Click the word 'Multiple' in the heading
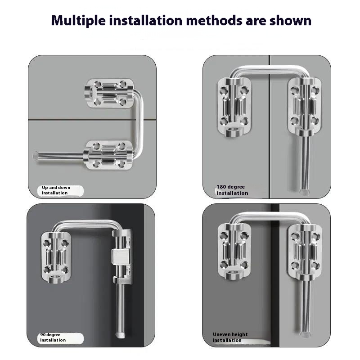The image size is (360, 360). [78, 21]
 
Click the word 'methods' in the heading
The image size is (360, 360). [214, 20]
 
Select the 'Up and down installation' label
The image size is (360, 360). [56, 190]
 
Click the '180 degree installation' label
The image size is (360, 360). [232, 190]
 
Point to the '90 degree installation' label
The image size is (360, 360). [53, 337]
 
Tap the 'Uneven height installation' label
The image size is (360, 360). [230, 337]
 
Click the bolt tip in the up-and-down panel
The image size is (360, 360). [36, 155]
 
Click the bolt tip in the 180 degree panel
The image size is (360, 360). [304, 193]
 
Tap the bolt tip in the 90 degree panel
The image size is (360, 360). [120, 334]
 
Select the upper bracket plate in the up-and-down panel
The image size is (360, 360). [109, 94]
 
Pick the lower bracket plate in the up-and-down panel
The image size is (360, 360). [108, 155]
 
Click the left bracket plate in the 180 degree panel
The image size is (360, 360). [234, 107]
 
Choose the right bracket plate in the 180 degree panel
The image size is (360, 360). [305, 107]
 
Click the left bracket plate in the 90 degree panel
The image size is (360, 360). [56, 257]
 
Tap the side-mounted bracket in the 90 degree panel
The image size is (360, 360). [122, 256]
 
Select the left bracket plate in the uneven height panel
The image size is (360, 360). [234, 252]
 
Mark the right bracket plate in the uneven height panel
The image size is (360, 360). [305, 252]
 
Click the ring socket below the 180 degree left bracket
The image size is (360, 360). [234, 132]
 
